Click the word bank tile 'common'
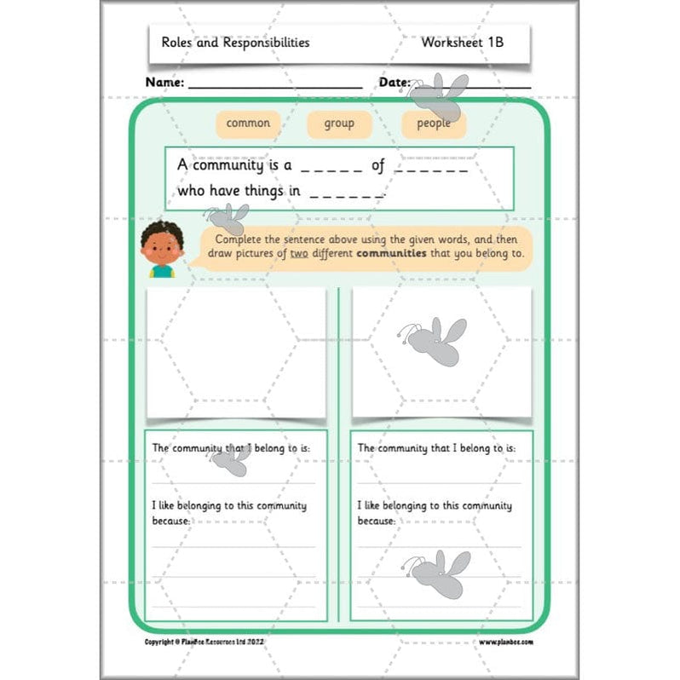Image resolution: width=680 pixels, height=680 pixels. pos(248,124)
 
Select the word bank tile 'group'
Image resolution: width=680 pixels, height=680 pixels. pos(339,124)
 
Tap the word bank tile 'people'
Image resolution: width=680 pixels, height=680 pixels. pos(433,124)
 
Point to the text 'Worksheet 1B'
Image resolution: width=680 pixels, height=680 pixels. pos(462,42)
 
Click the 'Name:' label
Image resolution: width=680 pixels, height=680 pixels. pos(164,83)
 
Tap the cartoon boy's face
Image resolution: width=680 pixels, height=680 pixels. pos(162,246)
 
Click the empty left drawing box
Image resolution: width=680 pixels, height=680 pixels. pos(236,352)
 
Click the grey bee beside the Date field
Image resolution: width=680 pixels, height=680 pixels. pos(439,96)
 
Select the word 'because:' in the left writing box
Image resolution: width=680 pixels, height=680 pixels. pos(170,519)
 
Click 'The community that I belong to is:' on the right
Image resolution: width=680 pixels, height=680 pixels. pos(436,447)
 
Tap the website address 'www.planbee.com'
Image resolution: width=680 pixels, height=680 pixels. pos(506,641)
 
